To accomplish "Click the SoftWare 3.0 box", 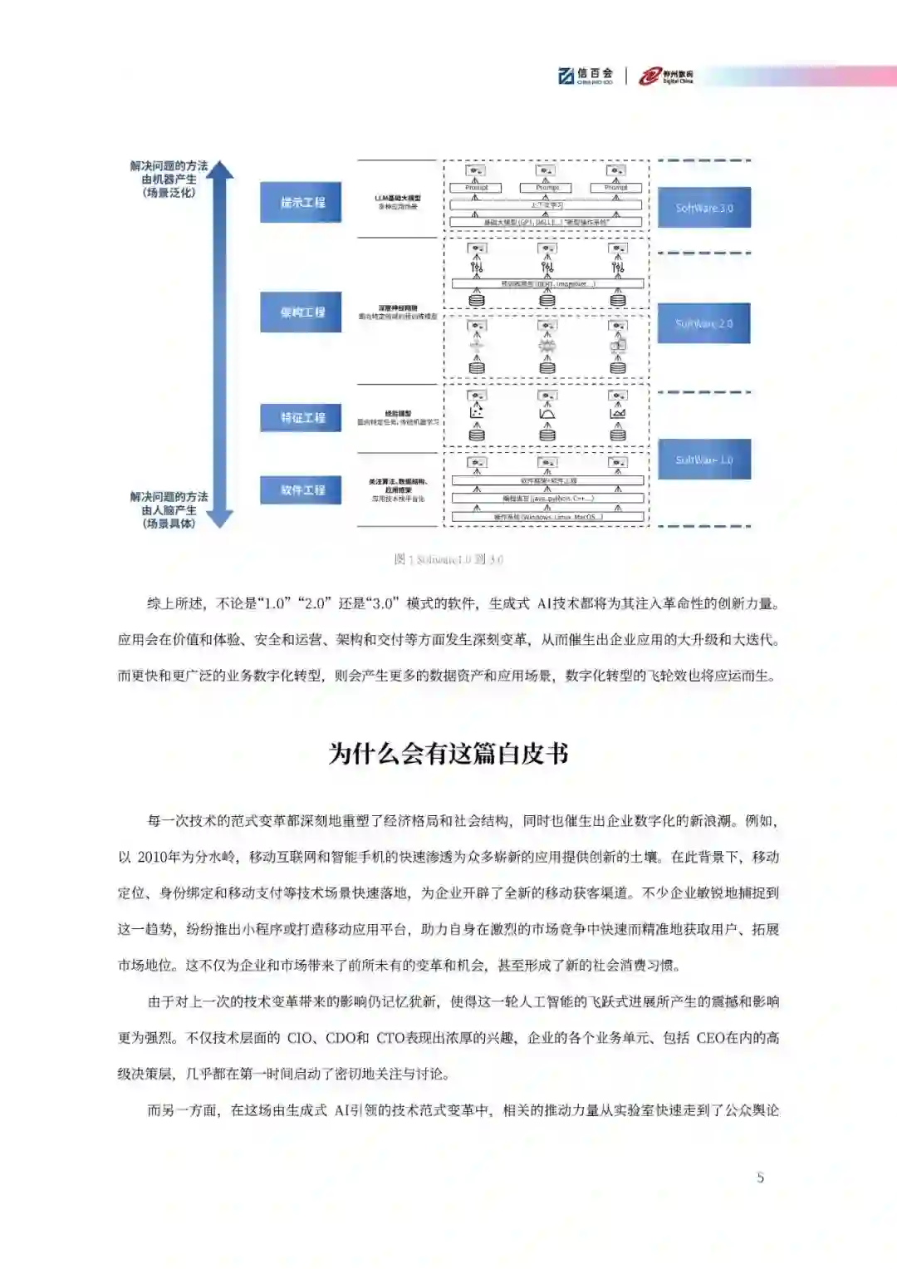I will pos(703,208).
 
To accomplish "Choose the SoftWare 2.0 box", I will pos(703,323).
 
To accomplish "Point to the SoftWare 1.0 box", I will pos(703,460).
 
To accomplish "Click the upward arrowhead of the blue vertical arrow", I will pos(219,170).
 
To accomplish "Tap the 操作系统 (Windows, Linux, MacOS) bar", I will pos(547,517).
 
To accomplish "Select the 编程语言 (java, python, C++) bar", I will pos(547,499).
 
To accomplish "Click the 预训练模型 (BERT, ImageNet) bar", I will pos(547,284).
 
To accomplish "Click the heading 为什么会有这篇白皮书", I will pos(448,754).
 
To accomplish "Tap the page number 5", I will pos(760,1177).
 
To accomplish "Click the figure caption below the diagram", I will pos(448,559).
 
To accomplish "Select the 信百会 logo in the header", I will pos(586,76).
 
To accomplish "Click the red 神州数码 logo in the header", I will pos(666,76).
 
